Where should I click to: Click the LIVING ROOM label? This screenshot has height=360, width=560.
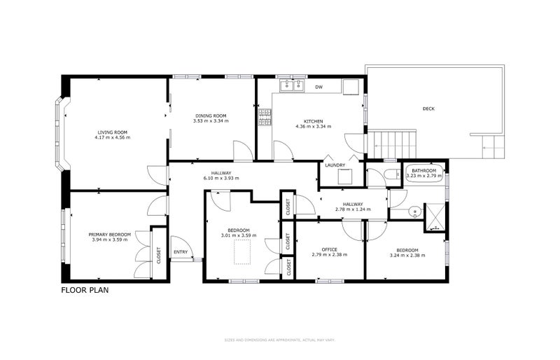(x=112, y=132)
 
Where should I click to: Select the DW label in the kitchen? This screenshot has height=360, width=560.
(x=318, y=88)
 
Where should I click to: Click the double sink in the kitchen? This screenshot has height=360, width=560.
(x=292, y=86)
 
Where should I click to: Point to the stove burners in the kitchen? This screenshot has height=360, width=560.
(x=265, y=118)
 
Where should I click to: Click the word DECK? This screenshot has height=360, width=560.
(x=429, y=109)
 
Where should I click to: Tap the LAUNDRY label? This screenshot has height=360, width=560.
(x=335, y=165)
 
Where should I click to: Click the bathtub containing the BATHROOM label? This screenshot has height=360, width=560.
(x=423, y=173)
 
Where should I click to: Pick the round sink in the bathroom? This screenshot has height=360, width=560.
(x=414, y=210)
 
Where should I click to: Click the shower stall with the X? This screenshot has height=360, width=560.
(x=435, y=216)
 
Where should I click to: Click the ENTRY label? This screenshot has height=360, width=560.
(x=181, y=252)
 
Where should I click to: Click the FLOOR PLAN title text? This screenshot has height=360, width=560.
(x=84, y=289)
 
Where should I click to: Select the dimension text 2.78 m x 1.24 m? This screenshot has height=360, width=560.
(x=353, y=209)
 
